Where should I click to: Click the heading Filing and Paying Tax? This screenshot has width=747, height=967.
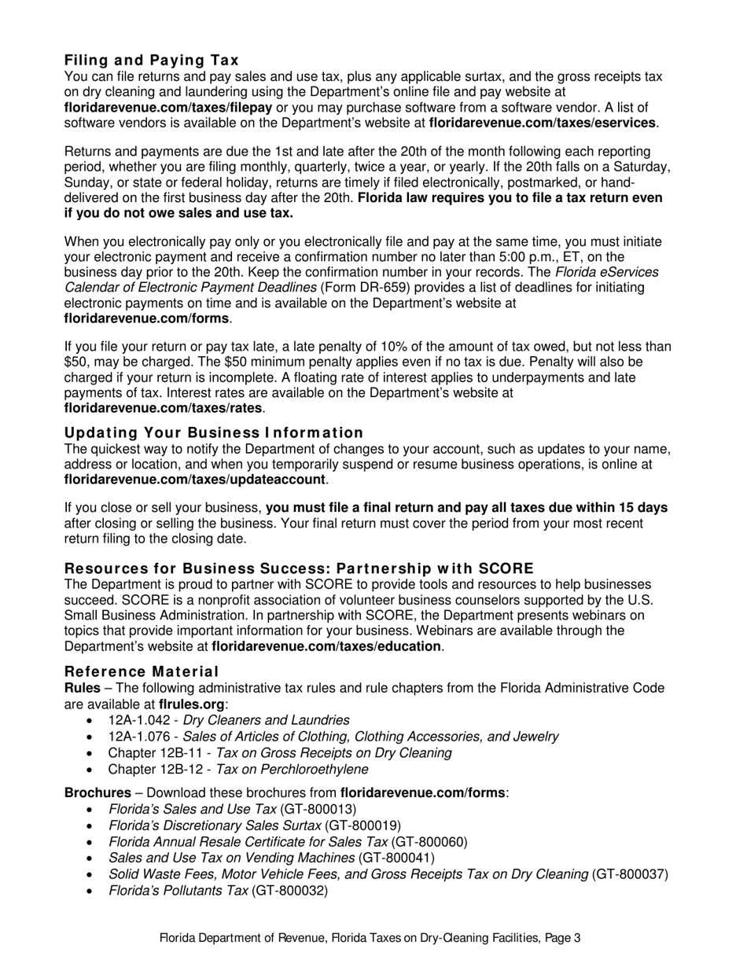pyautogui.click(x=151, y=61)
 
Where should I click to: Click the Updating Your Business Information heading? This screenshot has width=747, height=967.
pyautogui.click(x=214, y=432)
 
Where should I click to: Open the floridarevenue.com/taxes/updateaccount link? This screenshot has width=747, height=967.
pyautogui.click(x=194, y=480)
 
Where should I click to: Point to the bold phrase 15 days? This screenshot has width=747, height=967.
pyautogui.click(x=640, y=508)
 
